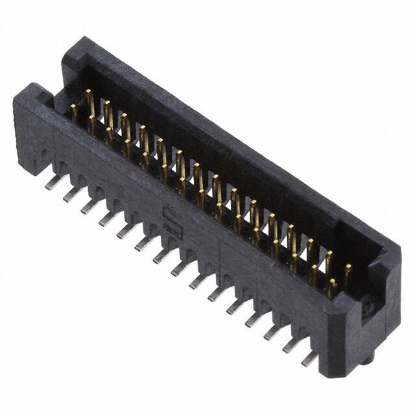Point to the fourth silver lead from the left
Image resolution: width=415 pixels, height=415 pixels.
coord(104,221)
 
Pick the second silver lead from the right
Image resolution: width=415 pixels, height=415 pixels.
coord(290,346)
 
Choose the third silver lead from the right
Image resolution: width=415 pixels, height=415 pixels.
coord(271,333)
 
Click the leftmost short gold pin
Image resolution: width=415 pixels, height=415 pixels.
coord(75,115)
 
